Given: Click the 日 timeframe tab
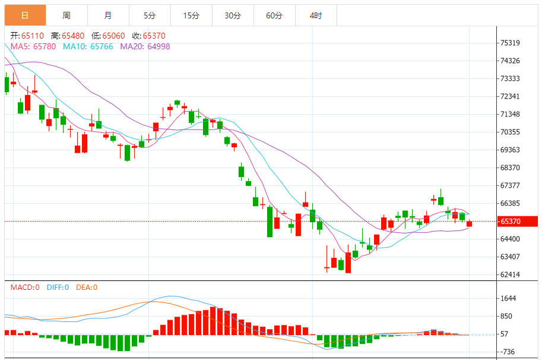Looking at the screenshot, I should coord(24,15).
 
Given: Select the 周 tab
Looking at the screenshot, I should coord(66,15).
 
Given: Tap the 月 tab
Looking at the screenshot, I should coord(107,15).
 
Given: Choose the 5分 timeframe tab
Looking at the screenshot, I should coord(149,15).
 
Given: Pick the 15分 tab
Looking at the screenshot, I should coord(191,15).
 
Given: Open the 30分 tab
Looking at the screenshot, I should coord(233,15).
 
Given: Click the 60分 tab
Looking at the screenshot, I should coord(274,15).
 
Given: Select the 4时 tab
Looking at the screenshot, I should coord(316,15).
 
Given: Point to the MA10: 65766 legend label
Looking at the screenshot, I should coord(87,46).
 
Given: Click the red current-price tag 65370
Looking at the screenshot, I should coord(517,222).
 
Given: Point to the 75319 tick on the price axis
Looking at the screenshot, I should coord(511,43).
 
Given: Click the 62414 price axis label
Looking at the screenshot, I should coord(511,275).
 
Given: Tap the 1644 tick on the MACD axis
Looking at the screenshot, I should coord(508,299).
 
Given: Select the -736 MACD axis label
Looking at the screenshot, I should coord(508,352).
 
